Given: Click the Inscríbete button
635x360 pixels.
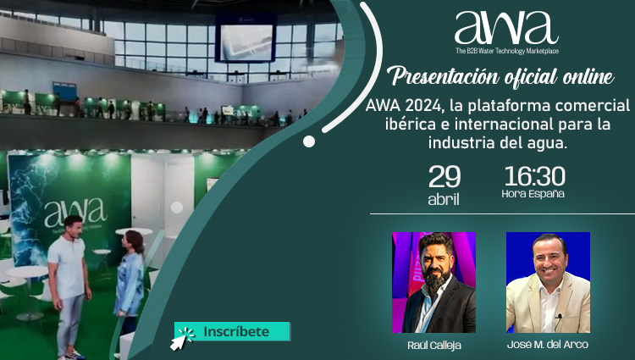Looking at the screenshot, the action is tap(232, 331).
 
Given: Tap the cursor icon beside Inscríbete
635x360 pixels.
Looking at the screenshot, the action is tap(181, 339).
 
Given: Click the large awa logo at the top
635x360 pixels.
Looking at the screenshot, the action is tap(506, 28).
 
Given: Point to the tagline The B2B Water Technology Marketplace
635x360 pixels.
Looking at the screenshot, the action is tap(507, 51).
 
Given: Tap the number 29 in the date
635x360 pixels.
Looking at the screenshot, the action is tap(444, 177).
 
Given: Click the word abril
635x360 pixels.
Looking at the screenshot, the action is tap(444, 199).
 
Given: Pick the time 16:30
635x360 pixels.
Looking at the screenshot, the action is tap(534, 176).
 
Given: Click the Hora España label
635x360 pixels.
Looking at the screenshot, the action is tap(533, 194).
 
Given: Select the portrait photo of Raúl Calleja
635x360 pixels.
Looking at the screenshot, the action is tap(433, 282).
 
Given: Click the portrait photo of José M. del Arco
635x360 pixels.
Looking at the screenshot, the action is tap(548, 282).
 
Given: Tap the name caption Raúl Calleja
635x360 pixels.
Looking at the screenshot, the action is tap(434, 346).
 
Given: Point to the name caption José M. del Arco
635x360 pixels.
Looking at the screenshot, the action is tap(548, 345).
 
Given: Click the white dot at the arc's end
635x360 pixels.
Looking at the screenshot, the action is tap(309, 141).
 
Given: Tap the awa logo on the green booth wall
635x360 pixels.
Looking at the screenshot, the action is tap(75, 213).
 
